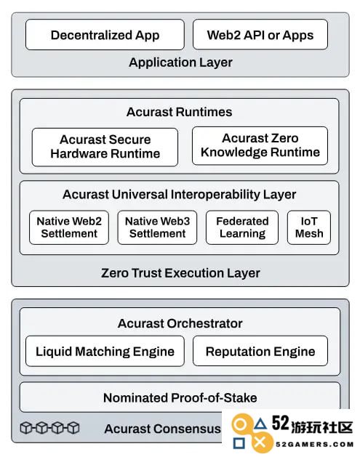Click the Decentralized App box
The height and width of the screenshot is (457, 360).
105,35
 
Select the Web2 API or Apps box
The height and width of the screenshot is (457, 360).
260,35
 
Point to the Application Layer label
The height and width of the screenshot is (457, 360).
180,62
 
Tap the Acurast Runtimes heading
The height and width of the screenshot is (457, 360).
179,112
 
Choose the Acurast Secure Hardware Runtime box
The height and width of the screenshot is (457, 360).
105,147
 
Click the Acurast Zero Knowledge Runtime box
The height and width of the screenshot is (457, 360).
260,146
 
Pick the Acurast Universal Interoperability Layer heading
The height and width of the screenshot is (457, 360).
180,195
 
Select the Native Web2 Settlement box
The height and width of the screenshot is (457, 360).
69,227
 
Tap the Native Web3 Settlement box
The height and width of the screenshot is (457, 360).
158,227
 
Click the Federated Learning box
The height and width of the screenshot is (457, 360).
242,227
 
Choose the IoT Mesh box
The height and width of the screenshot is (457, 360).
309,227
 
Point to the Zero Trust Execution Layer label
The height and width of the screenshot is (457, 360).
180,273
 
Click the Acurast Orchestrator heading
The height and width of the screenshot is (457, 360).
180,323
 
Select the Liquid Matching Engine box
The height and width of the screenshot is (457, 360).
105,351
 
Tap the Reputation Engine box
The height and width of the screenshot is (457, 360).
260,351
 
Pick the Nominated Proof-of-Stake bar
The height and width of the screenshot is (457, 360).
180,397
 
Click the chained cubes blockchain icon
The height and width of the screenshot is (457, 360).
49,428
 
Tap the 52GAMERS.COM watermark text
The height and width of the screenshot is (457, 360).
314,445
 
